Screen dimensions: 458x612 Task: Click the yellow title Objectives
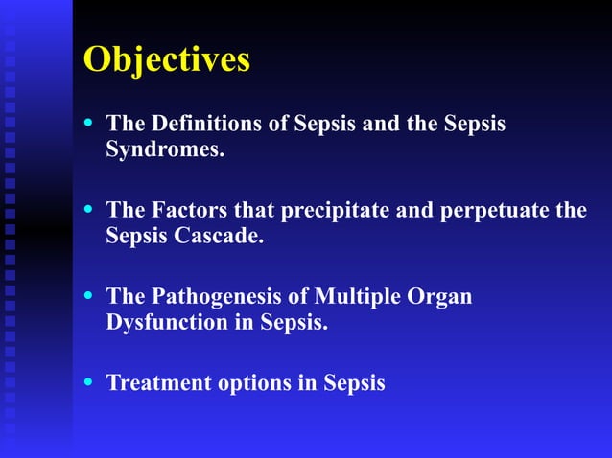(167, 59)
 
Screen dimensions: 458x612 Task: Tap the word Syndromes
(164, 150)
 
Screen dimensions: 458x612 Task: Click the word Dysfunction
(166, 322)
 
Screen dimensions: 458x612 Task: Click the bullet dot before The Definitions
(90, 124)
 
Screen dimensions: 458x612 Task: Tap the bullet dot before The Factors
(90, 210)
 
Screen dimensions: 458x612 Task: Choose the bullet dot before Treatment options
(90, 382)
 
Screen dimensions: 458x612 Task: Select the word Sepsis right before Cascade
(137, 237)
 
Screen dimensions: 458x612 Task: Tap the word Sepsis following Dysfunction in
(294, 323)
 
